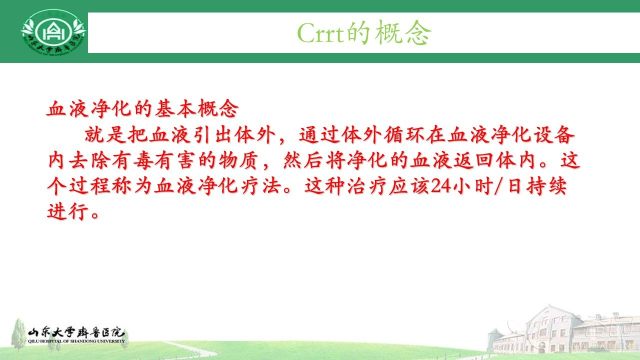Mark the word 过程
click(x=85, y=187)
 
